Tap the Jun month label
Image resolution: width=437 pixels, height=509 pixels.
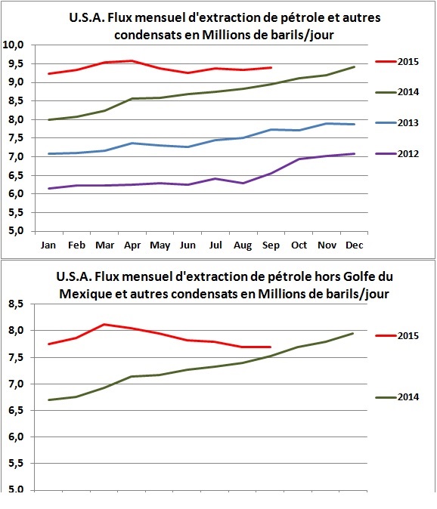[x=187, y=245]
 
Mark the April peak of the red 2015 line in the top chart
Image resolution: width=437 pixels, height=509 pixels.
[x=132, y=61]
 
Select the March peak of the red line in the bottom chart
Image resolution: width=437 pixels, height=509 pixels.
[x=104, y=325]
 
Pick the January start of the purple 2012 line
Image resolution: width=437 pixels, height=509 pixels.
[x=48, y=189]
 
